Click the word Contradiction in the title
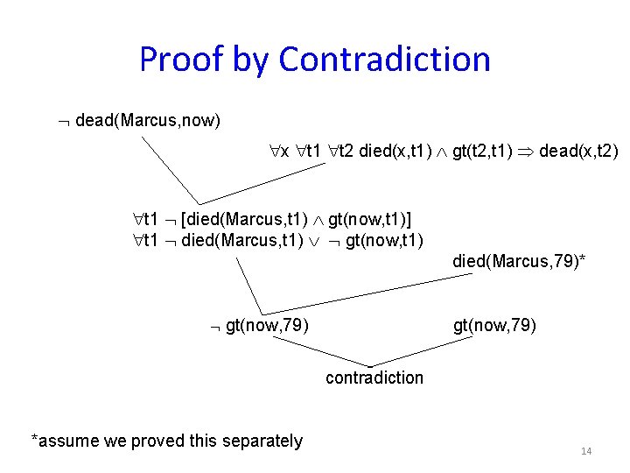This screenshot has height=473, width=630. click(384, 60)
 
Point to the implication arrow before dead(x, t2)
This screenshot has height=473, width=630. click(525, 152)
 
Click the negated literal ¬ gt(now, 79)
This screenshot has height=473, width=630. click(258, 327)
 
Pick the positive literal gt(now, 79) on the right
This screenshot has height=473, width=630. click(494, 327)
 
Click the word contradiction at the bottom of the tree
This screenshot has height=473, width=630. click(374, 378)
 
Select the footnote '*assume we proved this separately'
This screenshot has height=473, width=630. click(166, 441)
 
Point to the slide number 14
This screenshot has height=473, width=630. click(586, 451)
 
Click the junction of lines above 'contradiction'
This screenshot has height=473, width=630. click(370, 366)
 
